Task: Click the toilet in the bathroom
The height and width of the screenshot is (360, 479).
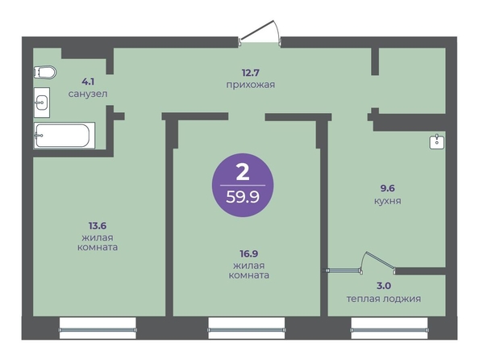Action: [45, 73]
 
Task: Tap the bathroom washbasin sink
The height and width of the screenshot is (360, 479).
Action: [42, 103]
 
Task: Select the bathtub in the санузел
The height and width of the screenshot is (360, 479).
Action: [65, 136]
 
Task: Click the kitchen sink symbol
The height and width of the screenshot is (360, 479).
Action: [437, 142]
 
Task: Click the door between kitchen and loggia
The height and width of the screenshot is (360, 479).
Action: [378, 263]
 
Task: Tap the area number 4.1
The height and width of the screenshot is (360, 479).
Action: [88, 82]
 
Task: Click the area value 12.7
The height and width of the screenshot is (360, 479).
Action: [251, 73]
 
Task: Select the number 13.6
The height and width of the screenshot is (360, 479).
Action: [98, 226]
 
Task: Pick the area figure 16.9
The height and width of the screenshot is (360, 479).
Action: [249, 253]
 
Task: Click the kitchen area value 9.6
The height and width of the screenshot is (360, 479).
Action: [387, 188]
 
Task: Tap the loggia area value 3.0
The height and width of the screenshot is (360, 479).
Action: [384, 286]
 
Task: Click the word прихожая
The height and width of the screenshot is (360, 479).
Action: [251, 85]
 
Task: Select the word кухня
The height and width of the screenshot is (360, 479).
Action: [388, 201]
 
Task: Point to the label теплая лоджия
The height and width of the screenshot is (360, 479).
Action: [384, 299]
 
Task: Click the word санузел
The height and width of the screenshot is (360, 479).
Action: [88, 94]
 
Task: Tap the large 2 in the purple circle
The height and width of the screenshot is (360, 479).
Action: [243, 172]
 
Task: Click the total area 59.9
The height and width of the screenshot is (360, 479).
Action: [243, 197]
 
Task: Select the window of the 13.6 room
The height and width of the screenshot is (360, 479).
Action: [98, 329]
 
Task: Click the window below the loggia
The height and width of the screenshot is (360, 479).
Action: [389, 329]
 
